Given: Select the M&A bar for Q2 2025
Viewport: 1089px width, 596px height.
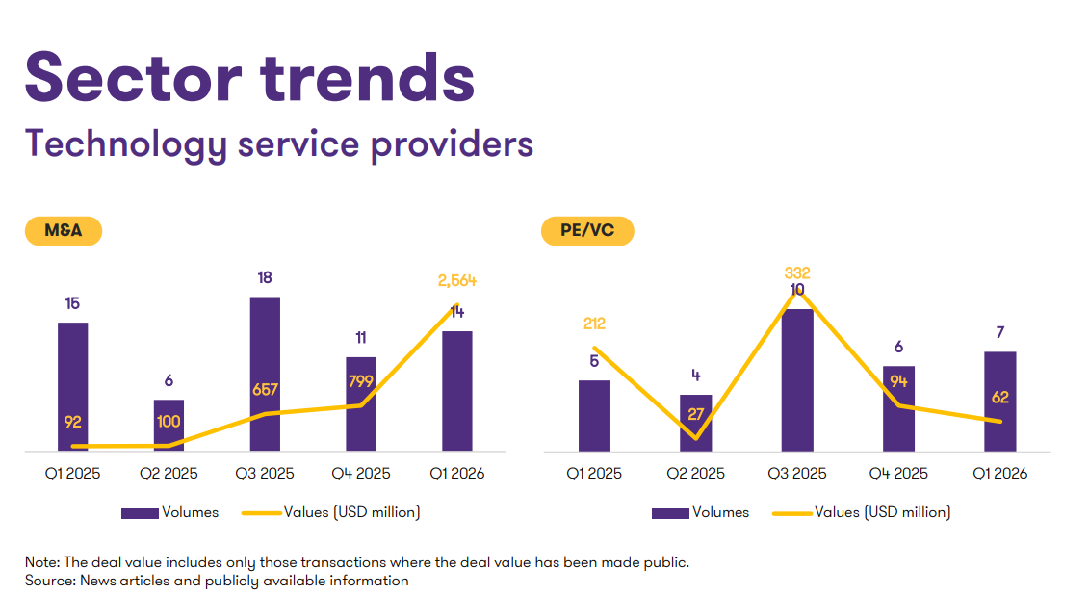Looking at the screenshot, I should (x=169, y=425).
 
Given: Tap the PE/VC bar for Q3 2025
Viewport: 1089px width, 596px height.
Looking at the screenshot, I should (x=797, y=379).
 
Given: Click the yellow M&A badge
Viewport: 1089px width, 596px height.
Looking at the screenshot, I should (x=63, y=231).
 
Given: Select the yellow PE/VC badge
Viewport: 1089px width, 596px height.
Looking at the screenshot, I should (x=586, y=231).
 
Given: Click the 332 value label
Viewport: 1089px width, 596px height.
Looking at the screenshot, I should (x=797, y=273).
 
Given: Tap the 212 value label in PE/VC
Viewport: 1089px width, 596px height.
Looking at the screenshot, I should (x=594, y=324).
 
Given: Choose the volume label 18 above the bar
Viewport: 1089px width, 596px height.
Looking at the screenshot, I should (x=265, y=278).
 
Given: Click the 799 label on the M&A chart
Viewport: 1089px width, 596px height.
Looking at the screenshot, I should (x=361, y=381).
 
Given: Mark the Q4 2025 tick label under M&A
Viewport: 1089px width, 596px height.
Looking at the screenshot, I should (x=361, y=474).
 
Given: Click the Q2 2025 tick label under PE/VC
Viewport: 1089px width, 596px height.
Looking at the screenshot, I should (x=695, y=474).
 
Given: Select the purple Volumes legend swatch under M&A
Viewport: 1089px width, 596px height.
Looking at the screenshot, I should (x=140, y=513).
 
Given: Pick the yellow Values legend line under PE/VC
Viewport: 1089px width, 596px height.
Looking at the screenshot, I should (x=792, y=513).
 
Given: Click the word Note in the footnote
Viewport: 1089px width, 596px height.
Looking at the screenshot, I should (x=41, y=562).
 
